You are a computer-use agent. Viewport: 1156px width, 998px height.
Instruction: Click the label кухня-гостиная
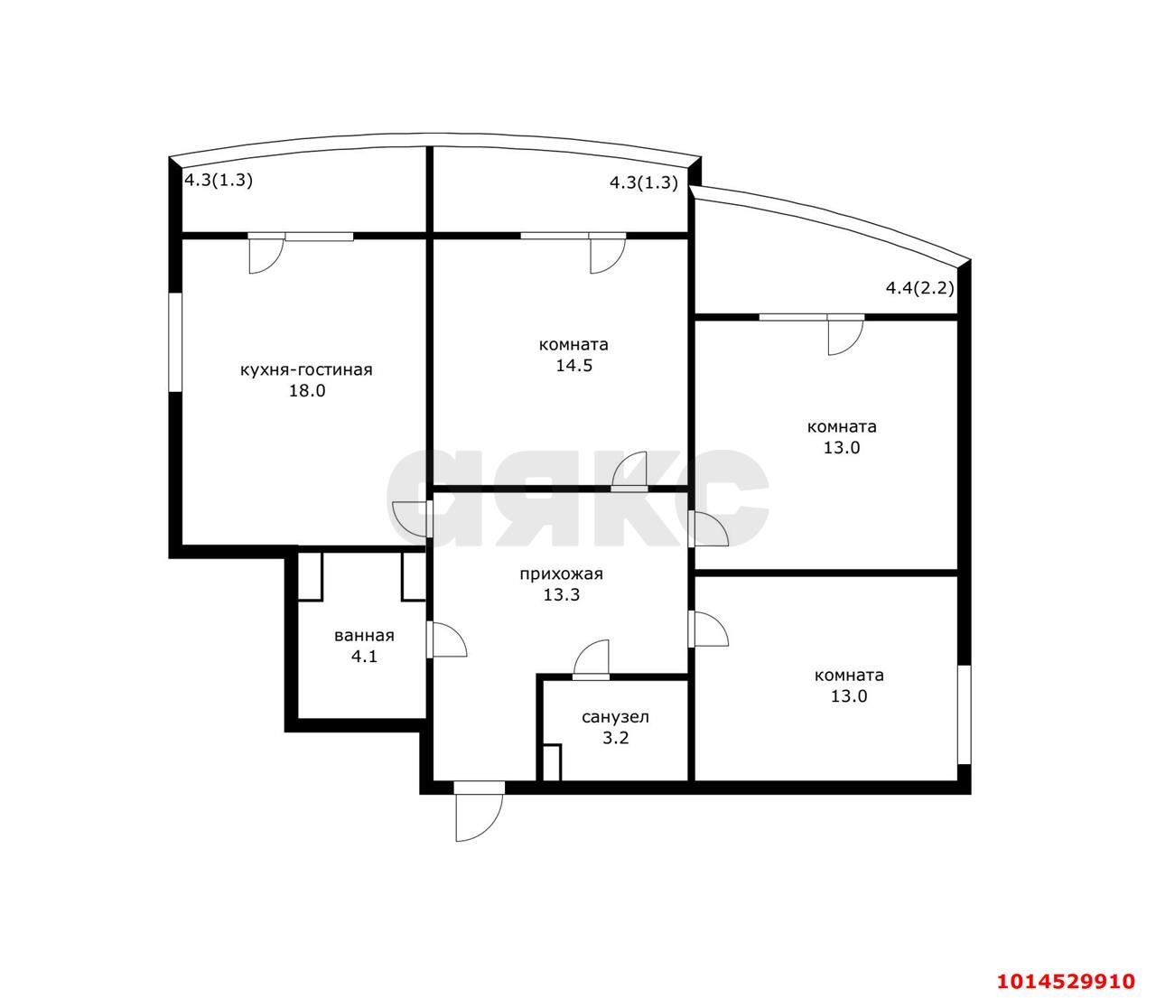(306, 369)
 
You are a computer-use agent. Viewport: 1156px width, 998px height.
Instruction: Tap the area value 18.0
(307, 391)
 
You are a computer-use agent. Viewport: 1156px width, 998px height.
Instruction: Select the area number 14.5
(573, 366)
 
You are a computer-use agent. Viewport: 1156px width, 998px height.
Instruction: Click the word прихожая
(560, 574)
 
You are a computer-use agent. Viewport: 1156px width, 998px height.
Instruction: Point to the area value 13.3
(561, 595)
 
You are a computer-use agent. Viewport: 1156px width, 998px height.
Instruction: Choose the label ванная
(364, 635)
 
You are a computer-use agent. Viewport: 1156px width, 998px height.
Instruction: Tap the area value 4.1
(364, 657)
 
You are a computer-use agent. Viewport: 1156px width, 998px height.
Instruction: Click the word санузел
(615, 717)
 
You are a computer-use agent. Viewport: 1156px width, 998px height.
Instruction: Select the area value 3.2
(615, 738)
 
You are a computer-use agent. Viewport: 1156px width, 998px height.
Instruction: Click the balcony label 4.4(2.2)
(919, 289)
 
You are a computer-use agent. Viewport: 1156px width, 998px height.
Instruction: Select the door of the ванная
(448, 639)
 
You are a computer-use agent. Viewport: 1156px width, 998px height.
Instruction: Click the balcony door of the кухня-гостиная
(266, 254)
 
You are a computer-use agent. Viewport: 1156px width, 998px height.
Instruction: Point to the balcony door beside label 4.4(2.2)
(845, 335)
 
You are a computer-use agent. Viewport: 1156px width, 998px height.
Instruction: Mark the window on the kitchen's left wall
(175, 340)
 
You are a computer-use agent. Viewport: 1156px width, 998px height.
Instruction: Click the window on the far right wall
(964, 714)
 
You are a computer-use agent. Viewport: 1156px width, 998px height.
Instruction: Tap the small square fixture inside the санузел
(551, 762)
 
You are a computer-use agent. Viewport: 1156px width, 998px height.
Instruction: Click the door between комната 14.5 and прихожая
(630, 471)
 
